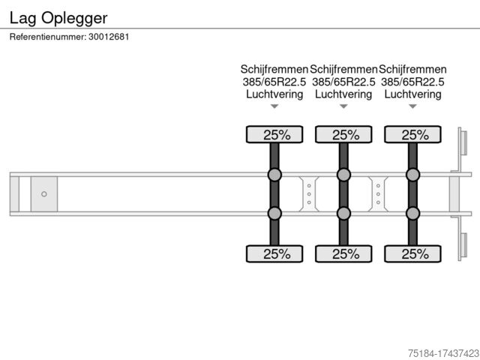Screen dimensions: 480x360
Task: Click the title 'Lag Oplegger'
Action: [x=58, y=18]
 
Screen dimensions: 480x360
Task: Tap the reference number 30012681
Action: [x=109, y=37]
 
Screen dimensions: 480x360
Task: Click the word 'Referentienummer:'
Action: [x=48, y=37]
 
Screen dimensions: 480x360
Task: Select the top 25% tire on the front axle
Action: [x=274, y=134]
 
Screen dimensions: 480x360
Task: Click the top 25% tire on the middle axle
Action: [x=343, y=134]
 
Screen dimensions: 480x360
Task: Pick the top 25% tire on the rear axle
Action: [x=412, y=134]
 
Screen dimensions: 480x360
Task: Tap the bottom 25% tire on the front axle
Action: [x=274, y=253]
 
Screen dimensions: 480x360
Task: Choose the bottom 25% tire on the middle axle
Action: [x=343, y=253]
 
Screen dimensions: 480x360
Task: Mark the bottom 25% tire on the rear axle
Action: [x=412, y=253]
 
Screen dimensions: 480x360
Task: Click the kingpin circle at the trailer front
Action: [x=44, y=194]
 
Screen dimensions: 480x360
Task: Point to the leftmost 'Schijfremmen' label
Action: [x=274, y=69]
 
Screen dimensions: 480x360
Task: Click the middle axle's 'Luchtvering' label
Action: [x=343, y=94]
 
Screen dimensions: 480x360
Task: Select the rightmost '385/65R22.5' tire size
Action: [x=412, y=82]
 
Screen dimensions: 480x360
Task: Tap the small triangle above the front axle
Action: [x=274, y=106]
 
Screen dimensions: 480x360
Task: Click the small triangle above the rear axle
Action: [x=412, y=106]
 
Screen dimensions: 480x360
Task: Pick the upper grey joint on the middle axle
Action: [x=343, y=175]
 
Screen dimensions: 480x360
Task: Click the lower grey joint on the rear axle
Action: [x=412, y=213]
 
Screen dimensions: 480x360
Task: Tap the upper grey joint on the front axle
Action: [x=274, y=175]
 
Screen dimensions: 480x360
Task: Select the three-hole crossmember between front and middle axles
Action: [x=309, y=194]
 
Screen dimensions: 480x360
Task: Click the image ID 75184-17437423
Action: [x=444, y=353]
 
